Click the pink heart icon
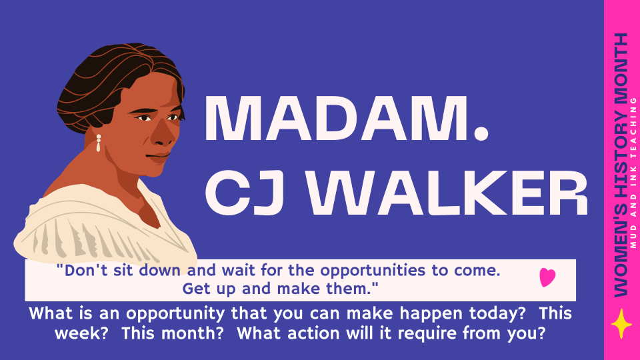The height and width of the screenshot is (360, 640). [547, 277]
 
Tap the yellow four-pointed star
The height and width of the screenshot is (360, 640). [621, 323]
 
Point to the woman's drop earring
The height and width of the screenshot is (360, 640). [99, 143]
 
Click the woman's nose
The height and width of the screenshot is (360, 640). [162, 137]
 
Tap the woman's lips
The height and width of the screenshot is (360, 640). [159, 156]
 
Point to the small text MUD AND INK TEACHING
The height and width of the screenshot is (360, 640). [633, 167]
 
